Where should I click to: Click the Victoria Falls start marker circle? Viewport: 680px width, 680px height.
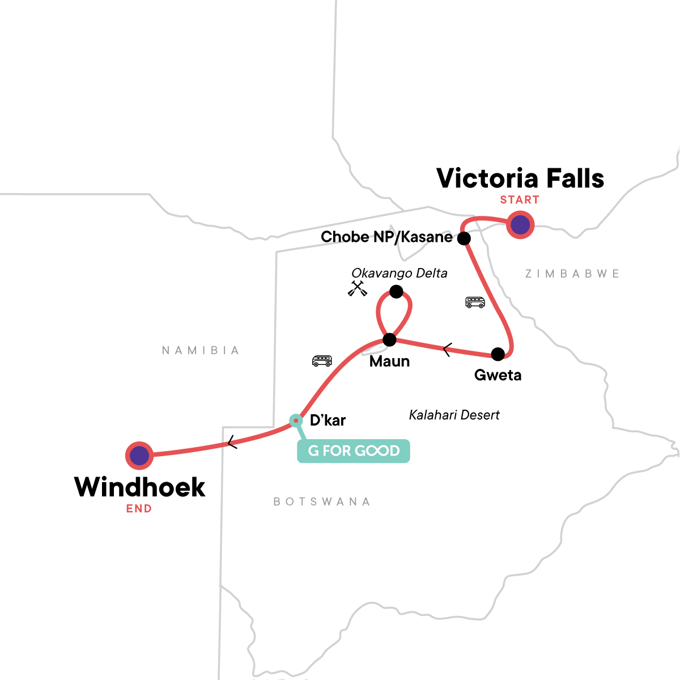(x=520, y=225)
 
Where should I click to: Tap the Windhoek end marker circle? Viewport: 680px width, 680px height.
(x=139, y=455)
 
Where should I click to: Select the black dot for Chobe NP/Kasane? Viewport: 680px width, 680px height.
(x=464, y=238)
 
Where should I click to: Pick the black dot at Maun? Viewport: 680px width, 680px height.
(x=389, y=340)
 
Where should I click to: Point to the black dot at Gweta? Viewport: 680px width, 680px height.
(x=498, y=354)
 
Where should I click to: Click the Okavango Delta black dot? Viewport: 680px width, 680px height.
(x=396, y=292)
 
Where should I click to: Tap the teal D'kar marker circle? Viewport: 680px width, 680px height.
(x=295, y=420)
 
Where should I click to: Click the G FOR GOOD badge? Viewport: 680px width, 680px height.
(x=354, y=451)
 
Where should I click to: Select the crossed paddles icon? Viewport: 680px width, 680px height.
(x=358, y=288)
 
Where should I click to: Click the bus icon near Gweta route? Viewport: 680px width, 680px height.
(x=475, y=302)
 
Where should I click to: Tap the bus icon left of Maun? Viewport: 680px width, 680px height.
(x=322, y=361)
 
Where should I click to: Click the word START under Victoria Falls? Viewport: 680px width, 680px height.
(x=520, y=199)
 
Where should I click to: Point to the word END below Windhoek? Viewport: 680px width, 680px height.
(x=139, y=509)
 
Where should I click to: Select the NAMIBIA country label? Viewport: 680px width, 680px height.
(x=201, y=350)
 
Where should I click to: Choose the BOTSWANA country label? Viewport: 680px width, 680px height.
(x=322, y=501)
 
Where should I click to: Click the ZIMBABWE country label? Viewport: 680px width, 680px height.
(x=572, y=274)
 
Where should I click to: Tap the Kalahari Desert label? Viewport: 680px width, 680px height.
(x=454, y=415)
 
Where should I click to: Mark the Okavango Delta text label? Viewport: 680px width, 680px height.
(x=399, y=273)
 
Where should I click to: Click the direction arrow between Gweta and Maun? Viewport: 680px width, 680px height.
(x=447, y=350)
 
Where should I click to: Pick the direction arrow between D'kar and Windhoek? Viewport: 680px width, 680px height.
(x=231, y=443)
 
